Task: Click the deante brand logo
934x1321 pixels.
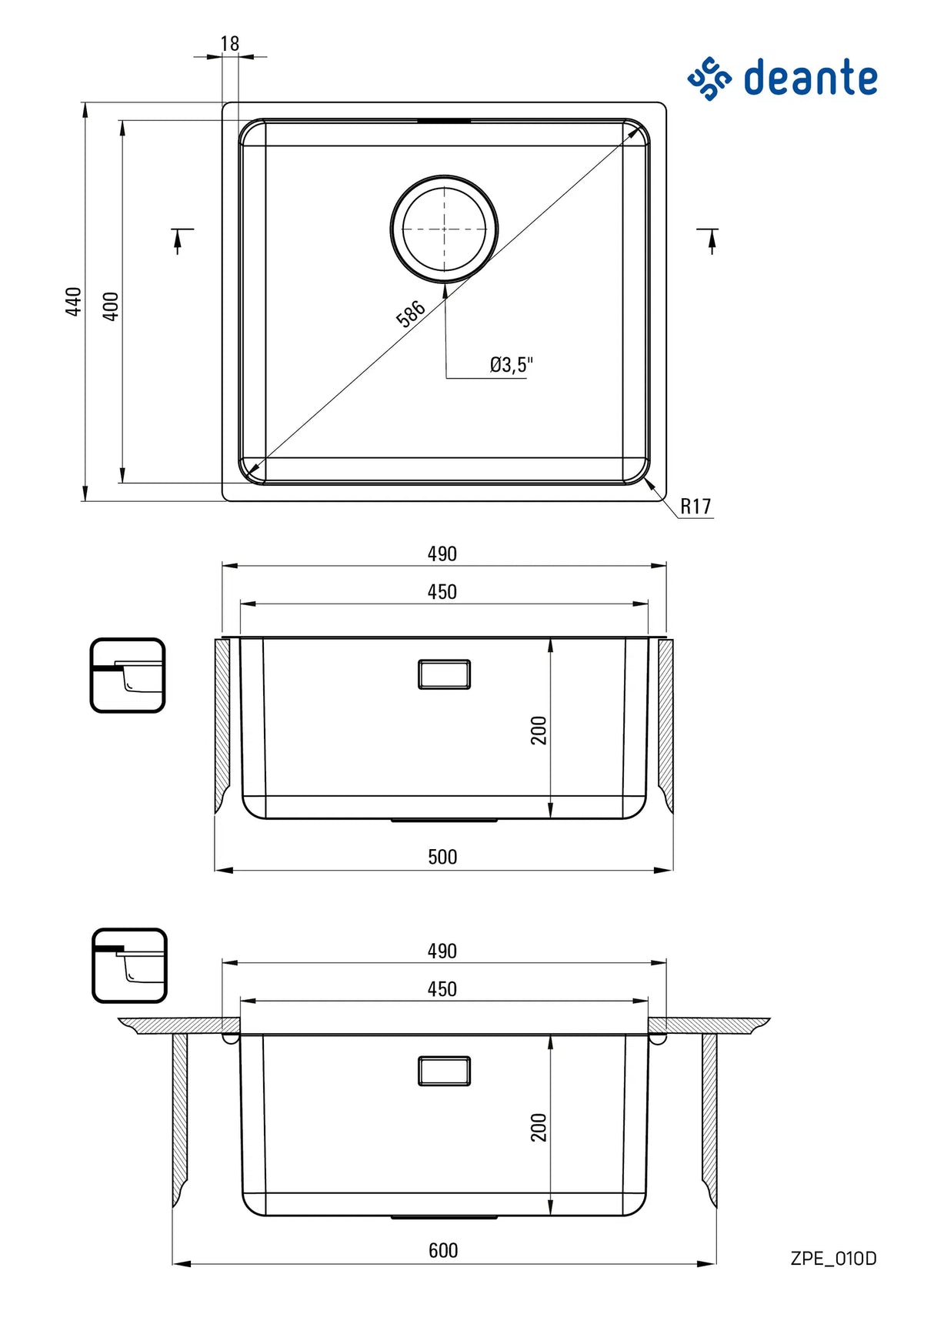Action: click(x=782, y=78)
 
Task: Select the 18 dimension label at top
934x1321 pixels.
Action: click(x=229, y=44)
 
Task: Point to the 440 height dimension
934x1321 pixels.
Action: click(x=73, y=301)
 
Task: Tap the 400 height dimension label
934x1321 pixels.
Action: click(x=111, y=306)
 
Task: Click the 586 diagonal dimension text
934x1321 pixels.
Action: click(x=410, y=313)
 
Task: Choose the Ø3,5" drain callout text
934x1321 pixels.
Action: click(x=511, y=364)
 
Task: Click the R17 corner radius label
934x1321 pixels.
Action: click(x=695, y=507)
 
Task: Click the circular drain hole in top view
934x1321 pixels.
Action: click(x=444, y=229)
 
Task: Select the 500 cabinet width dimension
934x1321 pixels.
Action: click(x=442, y=857)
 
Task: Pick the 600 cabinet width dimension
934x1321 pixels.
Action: click(x=443, y=1250)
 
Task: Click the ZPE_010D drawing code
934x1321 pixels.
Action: click(x=833, y=1259)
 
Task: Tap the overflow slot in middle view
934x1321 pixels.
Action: click(x=444, y=674)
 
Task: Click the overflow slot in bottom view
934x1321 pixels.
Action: click(x=444, y=1071)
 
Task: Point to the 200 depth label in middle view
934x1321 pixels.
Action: click(x=539, y=730)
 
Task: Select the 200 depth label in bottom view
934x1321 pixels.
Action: click(x=539, y=1127)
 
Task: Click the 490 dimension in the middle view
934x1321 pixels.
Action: click(x=442, y=553)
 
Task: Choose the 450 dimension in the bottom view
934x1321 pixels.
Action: click(x=442, y=989)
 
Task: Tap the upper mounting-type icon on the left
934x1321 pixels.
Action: click(x=128, y=675)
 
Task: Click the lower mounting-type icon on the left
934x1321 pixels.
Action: click(x=129, y=965)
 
